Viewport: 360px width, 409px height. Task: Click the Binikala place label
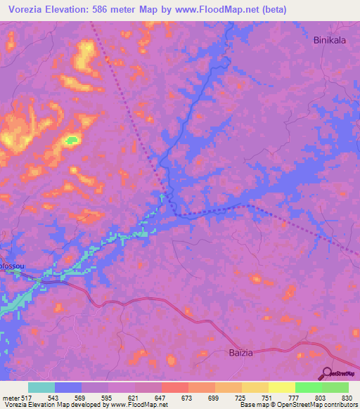(x=329, y=40)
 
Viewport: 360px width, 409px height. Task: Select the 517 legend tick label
(x=25, y=397)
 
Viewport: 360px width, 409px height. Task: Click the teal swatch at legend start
(x=41, y=387)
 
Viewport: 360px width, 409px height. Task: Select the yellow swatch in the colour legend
(x=281, y=387)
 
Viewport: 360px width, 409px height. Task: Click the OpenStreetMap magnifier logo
(x=327, y=372)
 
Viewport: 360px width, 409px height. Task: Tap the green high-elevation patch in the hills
(x=71, y=141)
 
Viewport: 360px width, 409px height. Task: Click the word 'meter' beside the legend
(x=9, y=397)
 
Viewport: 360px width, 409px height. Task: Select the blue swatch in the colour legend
(x=67, y=387)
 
